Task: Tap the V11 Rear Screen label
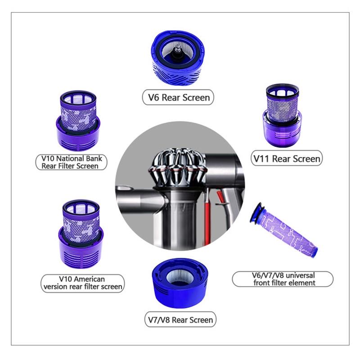(286, 158)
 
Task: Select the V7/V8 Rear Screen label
(180, 320)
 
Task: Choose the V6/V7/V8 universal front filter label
(283, 279)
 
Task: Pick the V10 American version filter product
(81, 234)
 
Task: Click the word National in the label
(72, 158)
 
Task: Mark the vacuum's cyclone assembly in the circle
(178, 166)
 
